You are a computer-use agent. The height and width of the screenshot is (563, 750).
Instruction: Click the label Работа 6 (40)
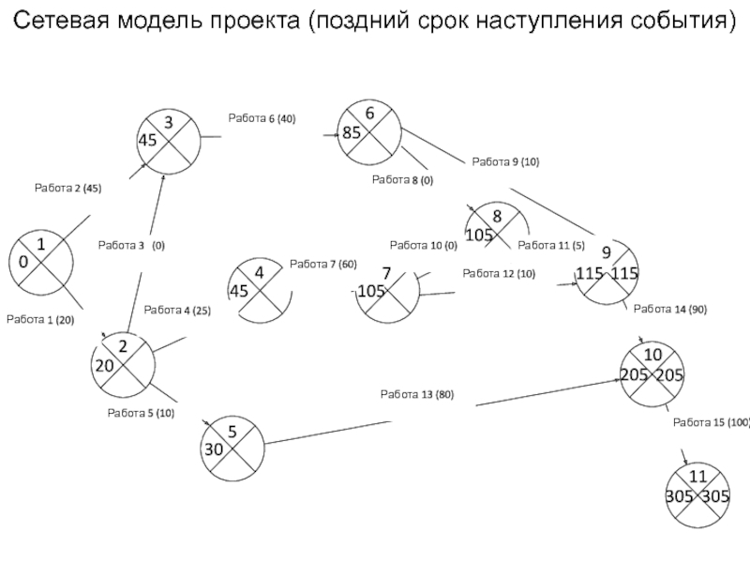click(x=262, y=118)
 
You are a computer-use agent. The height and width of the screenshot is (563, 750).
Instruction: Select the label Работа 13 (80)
click(x=417, y=394)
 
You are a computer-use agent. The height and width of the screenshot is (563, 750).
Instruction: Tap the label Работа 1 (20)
click(x=40, y=320)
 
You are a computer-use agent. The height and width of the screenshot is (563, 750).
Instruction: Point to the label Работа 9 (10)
click(x=505, y=161)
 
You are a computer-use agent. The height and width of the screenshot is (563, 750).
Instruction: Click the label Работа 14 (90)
click(x=670, y=310)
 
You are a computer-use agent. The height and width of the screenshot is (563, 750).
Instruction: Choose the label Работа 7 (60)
click(x=323, y=265)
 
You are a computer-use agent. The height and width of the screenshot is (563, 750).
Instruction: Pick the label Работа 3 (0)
click(x=131, y=246)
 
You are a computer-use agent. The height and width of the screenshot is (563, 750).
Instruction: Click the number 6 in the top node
click(x=369, y=114)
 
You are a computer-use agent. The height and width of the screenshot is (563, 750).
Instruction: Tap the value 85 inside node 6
click(x=352, y=132)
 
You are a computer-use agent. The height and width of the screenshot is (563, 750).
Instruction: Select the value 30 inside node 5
click(x=214, y=449)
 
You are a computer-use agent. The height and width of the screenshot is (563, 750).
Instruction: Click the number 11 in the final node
click(x=697, y=477)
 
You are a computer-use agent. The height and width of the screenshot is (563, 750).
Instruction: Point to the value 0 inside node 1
click(x=23, y=262)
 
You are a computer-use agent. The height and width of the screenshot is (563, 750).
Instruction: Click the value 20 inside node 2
click(x=105, y=366)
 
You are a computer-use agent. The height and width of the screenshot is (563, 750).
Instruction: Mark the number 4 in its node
click(x=260, y=273)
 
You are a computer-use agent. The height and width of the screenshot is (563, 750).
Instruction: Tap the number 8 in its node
click(x=497, y=217)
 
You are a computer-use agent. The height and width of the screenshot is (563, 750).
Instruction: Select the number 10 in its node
click(x=652, y=355)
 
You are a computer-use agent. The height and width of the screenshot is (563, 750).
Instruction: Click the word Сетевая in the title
click(x=61, y=21)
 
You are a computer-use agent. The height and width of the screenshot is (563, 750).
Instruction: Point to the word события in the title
click(x=682, y=21)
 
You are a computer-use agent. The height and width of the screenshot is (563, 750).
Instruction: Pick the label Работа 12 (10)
click(x=499, y=274)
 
